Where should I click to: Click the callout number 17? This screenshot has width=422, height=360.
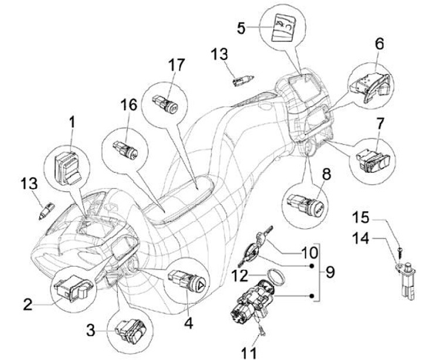tap(176, 65)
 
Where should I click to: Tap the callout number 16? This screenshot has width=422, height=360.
tap(128, 105)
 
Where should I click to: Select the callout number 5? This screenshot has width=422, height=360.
tap(241, 28)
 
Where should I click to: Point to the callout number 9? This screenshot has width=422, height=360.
tap(329, 272)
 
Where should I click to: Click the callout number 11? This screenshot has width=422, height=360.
tap(249, 352)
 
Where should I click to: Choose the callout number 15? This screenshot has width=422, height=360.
tap(361, 218)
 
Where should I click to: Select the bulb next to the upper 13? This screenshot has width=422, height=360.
tap(243, 80)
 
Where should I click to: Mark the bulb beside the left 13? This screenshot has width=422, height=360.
tap(47, 212)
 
